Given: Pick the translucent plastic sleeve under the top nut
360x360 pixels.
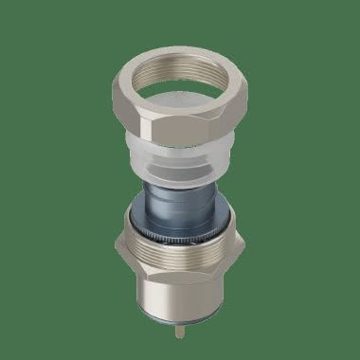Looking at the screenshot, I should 180,161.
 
